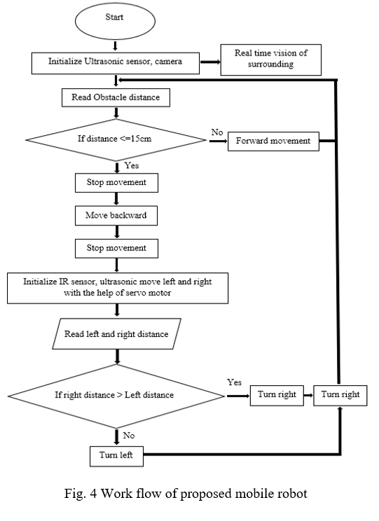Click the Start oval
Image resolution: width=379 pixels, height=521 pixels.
(115, 21)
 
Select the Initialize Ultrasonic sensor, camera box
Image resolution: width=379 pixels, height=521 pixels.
(116, 63)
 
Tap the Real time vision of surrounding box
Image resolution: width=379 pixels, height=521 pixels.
(271, 60)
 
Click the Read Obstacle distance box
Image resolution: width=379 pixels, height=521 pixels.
(116, 97)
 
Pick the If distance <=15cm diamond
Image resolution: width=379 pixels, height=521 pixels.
(116, 140)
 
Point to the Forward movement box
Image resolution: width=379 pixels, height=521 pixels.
(273, 141)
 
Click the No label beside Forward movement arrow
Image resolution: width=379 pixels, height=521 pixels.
(217, 132)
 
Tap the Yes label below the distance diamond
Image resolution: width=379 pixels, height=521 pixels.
(132, 165)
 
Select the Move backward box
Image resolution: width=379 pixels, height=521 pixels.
(116, 216)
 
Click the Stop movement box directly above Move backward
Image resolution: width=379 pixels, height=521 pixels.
(116, 183)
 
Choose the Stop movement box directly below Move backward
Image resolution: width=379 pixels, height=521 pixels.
(116, 248)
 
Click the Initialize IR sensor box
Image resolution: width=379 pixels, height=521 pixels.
(118, 288)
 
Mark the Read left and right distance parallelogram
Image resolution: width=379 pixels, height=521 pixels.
(117, 333)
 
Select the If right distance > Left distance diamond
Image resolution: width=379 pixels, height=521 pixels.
(116, 396)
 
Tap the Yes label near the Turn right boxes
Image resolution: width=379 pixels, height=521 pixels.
(235, 382)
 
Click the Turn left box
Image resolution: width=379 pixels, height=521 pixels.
(116, 456)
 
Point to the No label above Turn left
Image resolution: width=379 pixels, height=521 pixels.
(129, 436)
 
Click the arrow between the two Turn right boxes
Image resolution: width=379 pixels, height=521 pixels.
(308, 396)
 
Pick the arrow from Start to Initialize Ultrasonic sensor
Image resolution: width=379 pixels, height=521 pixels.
(116, 46)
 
